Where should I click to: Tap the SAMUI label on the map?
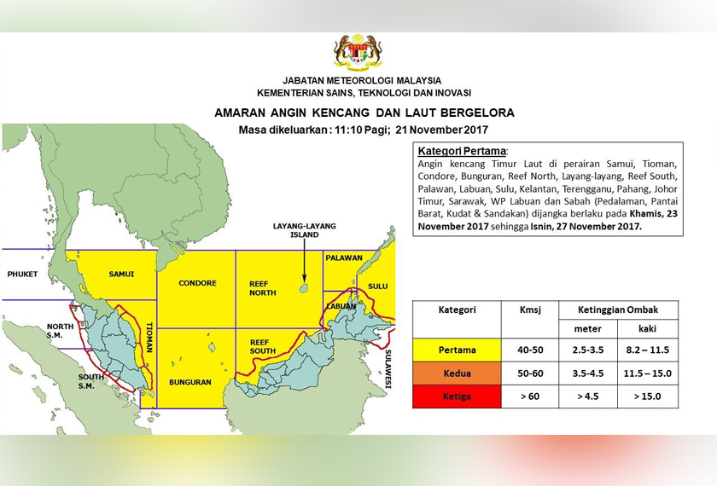click(123, 274)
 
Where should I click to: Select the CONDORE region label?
click(197, 283)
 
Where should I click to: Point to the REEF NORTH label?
click(262, 288)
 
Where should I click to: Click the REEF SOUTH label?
click(262, 346)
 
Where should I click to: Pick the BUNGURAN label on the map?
click(189, 382)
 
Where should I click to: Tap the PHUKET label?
click(23, 274)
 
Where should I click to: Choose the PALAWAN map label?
click(344, 257)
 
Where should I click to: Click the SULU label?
click(377, 286)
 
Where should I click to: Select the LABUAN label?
click(340, 306)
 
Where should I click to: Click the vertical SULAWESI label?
click(388, 368)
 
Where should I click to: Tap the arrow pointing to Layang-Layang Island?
click(303, 260)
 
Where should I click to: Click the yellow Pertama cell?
click(457, 350)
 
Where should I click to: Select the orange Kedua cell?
click(457, 373)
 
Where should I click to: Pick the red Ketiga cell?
click(457, 396)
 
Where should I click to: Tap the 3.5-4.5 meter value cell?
click(588, 373)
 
